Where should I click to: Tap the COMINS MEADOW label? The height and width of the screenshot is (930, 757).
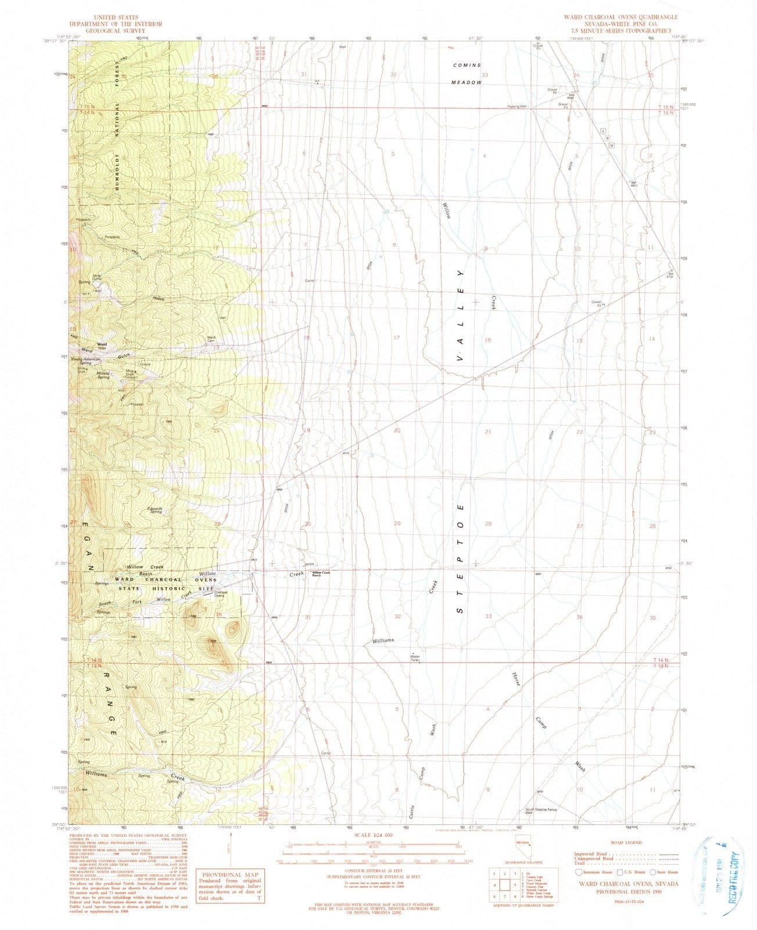click(468, 74)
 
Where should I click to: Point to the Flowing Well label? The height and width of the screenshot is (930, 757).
click(516, 107)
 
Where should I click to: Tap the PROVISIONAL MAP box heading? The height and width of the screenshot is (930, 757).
click(231, 874)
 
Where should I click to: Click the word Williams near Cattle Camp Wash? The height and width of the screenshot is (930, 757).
click(383, 641)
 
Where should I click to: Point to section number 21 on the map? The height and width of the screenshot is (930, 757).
click(488, 432)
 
